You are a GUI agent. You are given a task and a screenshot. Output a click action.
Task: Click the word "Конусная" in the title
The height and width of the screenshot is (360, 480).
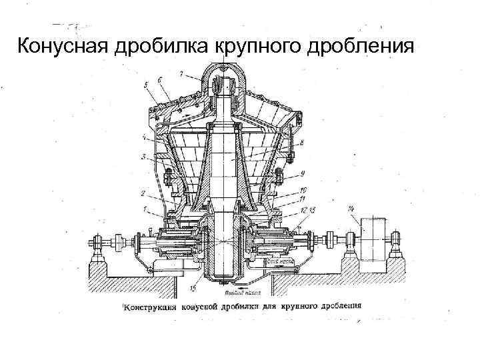tap(55, 47)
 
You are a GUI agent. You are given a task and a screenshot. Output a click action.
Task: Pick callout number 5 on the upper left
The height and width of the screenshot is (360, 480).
tap(145, 85)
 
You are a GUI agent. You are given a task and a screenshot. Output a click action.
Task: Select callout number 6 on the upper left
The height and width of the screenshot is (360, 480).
tap(161, 79)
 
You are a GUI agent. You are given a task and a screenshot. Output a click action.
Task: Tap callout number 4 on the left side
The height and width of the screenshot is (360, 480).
tap(145, 139)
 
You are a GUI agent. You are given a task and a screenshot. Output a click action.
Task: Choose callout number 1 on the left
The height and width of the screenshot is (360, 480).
tap(143, 210)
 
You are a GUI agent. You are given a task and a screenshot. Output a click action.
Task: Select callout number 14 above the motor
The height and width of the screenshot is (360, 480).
tap(351, 210)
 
